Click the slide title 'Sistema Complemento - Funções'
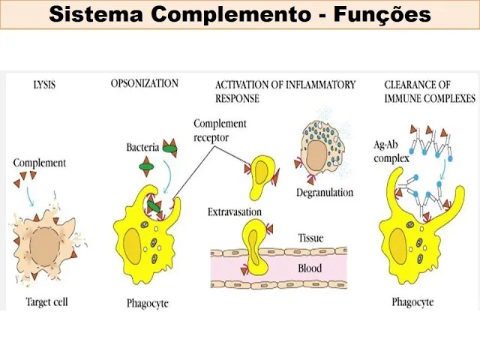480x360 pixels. [240, 14]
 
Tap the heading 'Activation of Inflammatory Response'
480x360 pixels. [285, 91]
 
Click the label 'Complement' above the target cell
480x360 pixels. [40, 163]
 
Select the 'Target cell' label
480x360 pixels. [46, 302]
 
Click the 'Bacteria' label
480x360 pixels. [142, 148]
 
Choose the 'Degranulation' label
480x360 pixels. [324, 193]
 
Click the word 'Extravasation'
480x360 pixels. [235, 213]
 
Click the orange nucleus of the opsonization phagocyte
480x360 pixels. [134, 246]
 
